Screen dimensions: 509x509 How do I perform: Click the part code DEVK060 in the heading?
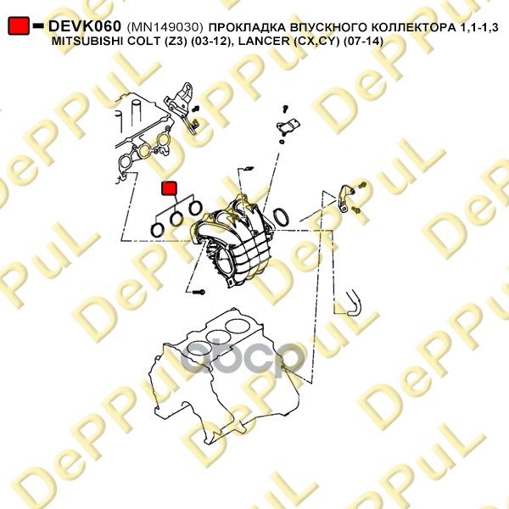[84, 26]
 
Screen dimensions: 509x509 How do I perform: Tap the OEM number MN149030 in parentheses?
[165, 27]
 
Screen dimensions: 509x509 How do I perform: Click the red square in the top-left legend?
[19, 25]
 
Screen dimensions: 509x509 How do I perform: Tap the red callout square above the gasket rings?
[169, 188]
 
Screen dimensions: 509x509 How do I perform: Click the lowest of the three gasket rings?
[158, 231]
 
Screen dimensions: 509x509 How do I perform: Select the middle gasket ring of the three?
[177, 219]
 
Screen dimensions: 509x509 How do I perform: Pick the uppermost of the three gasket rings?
[195, 208]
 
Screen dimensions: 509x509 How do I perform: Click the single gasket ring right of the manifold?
[281, 217]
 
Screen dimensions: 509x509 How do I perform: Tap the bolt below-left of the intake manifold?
[199, 292]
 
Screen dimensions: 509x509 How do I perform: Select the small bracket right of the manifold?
[344, 198]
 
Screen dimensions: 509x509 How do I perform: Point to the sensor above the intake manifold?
[288, 126]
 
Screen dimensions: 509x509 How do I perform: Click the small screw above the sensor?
[285, 109]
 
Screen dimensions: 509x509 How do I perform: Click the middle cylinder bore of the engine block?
[217, 338]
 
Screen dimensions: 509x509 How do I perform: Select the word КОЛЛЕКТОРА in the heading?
[413, 28]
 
